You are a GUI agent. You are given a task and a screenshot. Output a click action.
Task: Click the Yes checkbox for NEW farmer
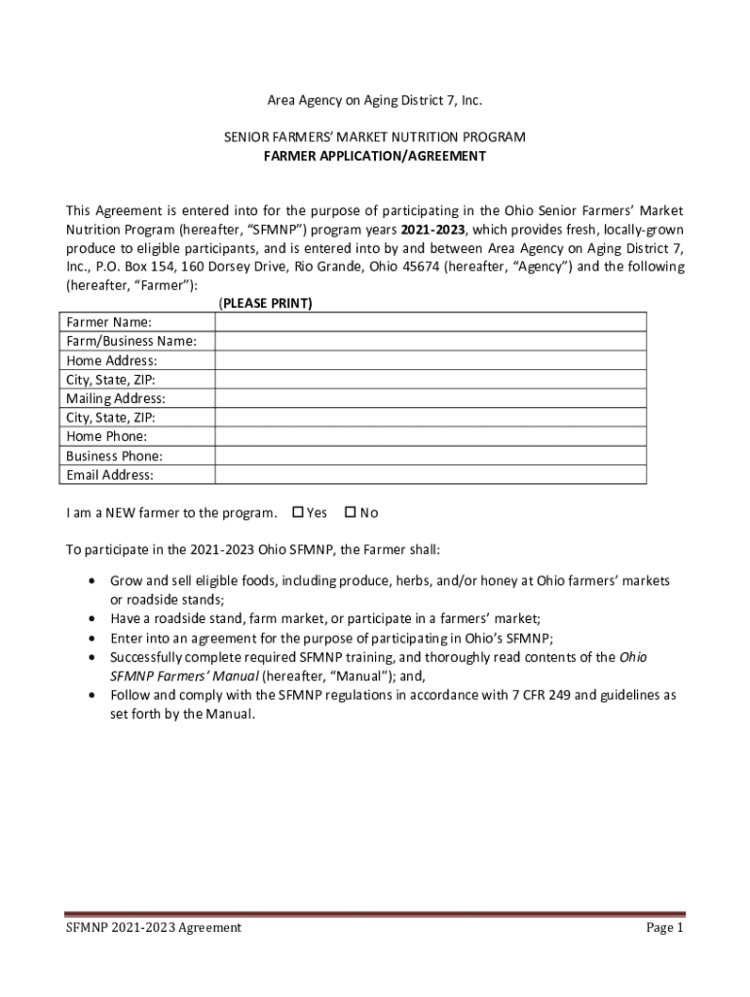pos(298,513)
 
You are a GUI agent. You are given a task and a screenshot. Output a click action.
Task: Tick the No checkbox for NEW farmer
pos(351,513)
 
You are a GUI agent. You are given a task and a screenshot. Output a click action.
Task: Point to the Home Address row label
pos(111,360)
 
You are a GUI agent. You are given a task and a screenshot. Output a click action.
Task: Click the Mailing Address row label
pos(115,398)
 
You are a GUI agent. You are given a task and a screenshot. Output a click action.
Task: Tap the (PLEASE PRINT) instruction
pos(265,304)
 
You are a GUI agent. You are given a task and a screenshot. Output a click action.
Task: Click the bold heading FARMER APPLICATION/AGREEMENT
pos(375,156)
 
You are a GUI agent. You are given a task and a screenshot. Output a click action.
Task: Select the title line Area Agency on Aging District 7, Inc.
pos(375,100)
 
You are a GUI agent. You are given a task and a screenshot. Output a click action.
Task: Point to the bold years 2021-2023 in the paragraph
pos(432,230)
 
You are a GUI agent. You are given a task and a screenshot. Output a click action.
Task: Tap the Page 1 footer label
pos(665,928)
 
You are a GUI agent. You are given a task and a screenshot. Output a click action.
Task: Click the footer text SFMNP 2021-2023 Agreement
pos(154,928)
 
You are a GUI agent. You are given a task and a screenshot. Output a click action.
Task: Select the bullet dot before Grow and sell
pos(91,581)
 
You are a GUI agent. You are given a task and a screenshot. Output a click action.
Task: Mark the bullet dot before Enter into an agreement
pos(91,639)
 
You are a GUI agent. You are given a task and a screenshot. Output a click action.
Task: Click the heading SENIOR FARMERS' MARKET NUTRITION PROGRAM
pos(375,137)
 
